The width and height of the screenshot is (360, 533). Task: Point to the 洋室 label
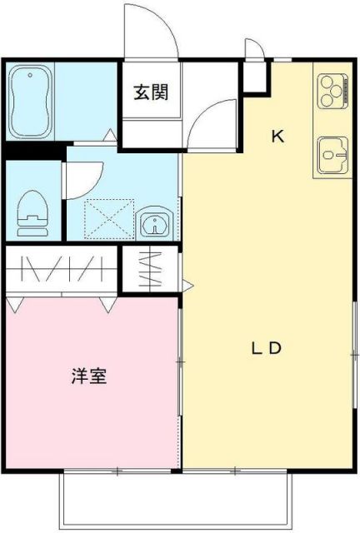coord(88,376)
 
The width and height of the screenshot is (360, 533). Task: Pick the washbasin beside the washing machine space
coord(155,223)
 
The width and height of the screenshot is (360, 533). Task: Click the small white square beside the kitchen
coord(256,77)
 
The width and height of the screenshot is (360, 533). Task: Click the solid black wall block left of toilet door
coord(33,152)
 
